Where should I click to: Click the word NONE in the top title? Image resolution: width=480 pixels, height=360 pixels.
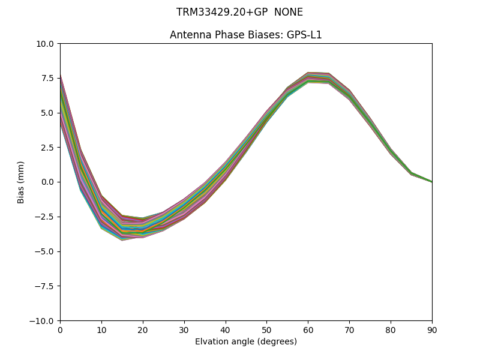pyautogui.click(x=289, y=13)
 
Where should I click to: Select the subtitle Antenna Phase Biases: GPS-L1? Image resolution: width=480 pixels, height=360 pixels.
pyautogui.click(x=246, y=35)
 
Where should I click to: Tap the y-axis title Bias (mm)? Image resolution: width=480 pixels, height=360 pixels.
pyautogui.click(x=21, y=182)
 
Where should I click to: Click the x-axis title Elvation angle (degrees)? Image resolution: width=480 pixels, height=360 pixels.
pyautogui.click(x=246, y=342)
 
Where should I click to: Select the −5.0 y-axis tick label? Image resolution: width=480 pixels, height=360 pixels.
pyautogui.click(x=44, y=251)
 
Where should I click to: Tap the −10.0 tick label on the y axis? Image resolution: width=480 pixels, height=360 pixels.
pyautogui.click(x=43, y=320)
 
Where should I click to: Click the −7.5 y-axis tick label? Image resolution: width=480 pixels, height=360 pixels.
pyautogui.click(x=44, y=286)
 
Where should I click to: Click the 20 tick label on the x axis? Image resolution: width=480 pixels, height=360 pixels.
pyautogui.click(x=143, y=330)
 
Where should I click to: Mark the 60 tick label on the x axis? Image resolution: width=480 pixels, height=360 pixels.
pyautogui.click(x=308, y=330)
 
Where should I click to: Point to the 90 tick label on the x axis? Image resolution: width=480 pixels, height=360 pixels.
pyautogui.click(x=432, y=330)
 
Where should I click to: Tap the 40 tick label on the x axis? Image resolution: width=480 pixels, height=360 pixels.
pyautogui.click(x=226, y=330)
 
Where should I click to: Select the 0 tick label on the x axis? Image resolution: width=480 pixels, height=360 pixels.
pyautogui.click(x=60, y=330)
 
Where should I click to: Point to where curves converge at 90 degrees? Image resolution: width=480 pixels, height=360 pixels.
pyautogui.click(x=431, y=181)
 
